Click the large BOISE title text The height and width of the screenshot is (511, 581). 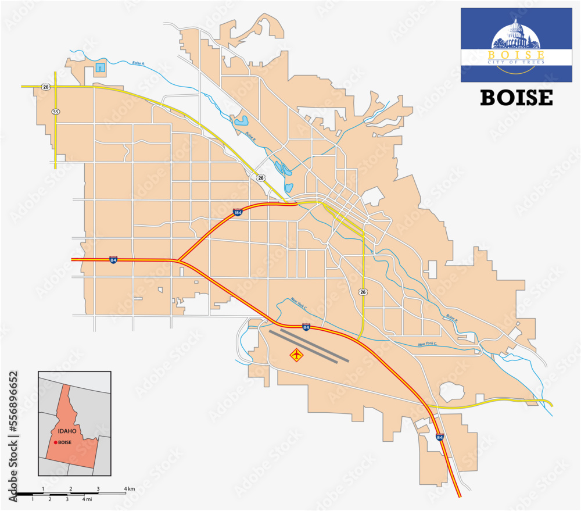pos(517,98)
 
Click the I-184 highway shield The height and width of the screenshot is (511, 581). pos(238,213)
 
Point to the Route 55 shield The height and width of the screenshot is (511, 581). pos(55,111)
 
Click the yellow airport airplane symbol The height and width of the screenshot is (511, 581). pos(297,354)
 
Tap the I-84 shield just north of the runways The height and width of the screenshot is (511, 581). pos(306,327)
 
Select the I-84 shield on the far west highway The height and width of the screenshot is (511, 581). pos(113,259)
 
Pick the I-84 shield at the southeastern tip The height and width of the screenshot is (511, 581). pos(440,436)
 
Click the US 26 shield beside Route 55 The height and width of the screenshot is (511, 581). pos(46,87)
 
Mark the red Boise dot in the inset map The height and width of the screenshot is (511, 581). pos(56,442)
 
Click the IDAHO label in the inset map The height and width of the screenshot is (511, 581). pos(67,432)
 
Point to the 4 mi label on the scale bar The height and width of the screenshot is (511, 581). pos(87,499)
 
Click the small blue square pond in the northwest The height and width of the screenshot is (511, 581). pos(101,67)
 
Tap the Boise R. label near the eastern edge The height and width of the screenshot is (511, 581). pos(451,317)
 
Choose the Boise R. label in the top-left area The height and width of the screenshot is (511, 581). pos(138,63)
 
